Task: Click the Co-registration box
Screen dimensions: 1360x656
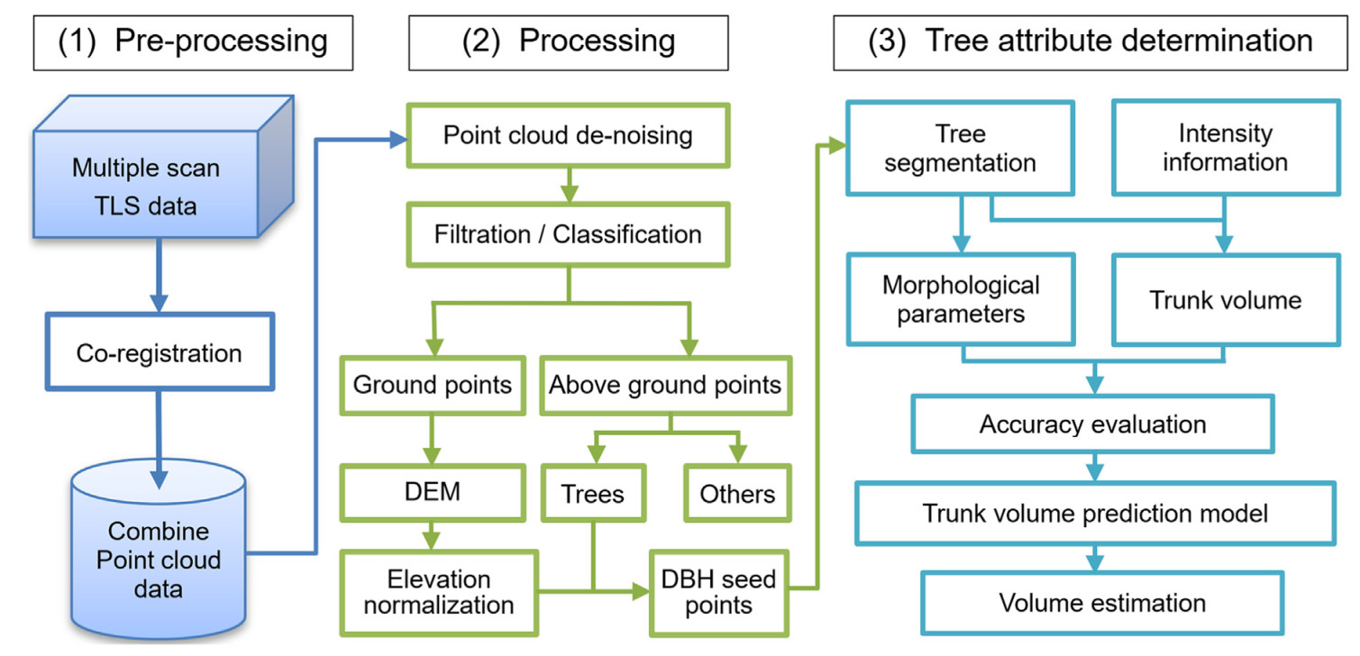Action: coord(160,352)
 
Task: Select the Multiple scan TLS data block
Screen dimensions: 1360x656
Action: coord(163,167)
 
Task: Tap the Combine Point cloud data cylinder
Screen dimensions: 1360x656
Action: coord(159,549)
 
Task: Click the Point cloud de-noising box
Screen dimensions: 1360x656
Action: coord(569,135)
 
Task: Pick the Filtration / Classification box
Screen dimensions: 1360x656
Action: coord(569,235)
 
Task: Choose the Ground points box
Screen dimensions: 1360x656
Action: coord(433,386)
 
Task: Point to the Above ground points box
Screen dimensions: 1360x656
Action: coord(666,386)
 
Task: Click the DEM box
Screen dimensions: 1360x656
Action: coord(433,492)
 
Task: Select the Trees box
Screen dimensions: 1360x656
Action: coord(593,494)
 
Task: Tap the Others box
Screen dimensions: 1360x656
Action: coord(737,494)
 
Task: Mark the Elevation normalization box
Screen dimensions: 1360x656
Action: coord(439,593)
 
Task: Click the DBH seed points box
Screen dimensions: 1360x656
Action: coord(719,593)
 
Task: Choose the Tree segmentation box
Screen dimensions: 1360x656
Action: coord(961,148)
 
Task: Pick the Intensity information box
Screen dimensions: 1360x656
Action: coord(1226,148)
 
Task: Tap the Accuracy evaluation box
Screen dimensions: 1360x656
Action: coord(1093,424)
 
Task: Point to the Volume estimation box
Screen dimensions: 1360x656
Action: coord(1102,603)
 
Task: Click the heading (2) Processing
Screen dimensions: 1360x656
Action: coord(569,42)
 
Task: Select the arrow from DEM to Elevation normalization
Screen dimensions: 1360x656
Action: coord(431,535)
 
